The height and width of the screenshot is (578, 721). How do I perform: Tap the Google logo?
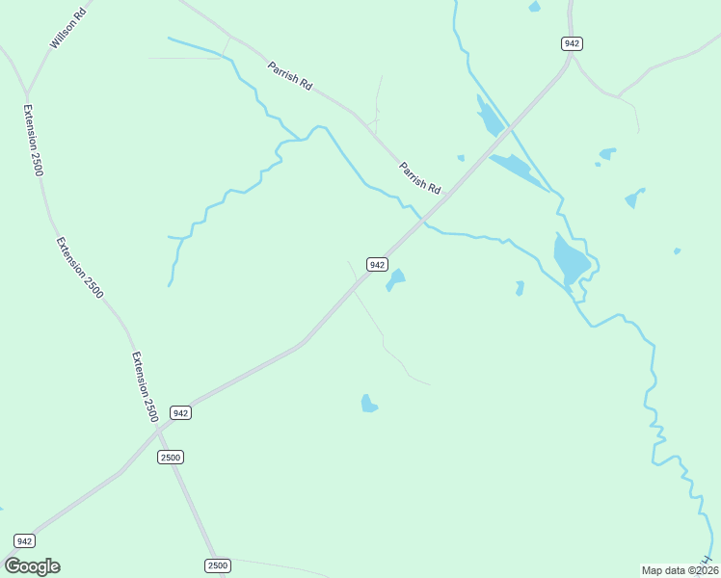click(32, 565)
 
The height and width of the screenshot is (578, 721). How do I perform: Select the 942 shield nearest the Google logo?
click(25, 540)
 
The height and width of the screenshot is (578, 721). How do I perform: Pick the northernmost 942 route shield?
click(572, 43)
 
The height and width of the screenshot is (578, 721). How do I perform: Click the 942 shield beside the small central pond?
click(377, 264)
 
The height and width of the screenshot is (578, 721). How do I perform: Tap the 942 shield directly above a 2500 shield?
click(180, 412)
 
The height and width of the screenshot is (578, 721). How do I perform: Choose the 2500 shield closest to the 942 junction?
click(171, 457)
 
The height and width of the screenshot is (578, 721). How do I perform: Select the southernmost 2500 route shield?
click(218, 565)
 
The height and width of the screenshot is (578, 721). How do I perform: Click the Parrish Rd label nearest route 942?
click(420, 175)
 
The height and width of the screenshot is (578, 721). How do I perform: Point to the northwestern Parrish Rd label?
click(290, 76)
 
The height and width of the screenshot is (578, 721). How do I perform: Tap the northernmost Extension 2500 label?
click(35, 140)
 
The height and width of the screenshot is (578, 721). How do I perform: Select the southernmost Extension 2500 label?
click(145, 386)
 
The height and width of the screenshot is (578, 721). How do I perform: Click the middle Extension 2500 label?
click(79, 267)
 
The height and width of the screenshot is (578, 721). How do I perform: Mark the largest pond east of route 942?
click(571, 258)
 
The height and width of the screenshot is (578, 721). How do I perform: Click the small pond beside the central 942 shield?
click(395, 279)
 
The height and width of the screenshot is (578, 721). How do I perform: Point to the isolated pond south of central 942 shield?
click(368, 404)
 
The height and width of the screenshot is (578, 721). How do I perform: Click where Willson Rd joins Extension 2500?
click(27, 92)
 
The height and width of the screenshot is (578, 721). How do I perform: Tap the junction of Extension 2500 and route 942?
click(158, 432)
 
